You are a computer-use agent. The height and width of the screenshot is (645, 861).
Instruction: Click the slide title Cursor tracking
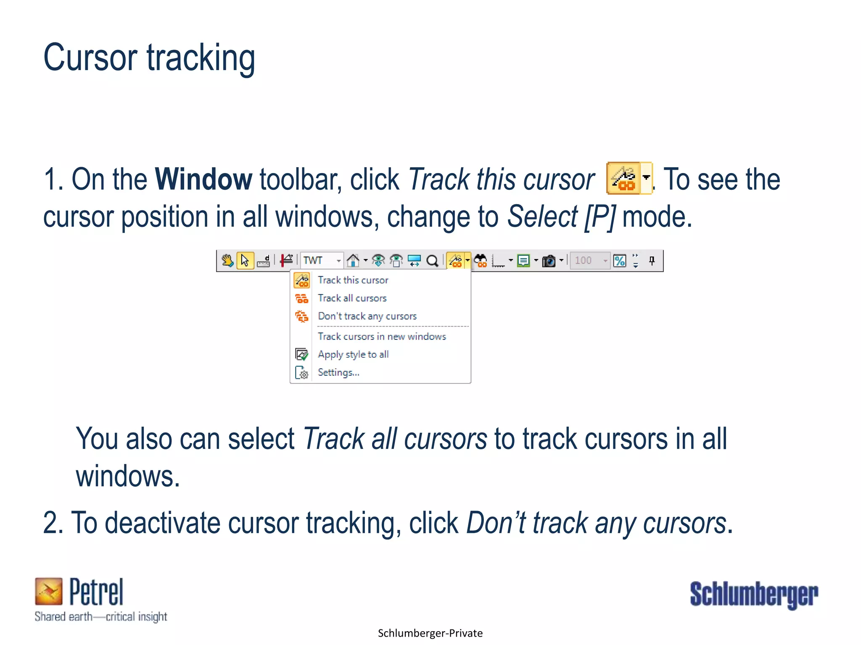coord(149,58)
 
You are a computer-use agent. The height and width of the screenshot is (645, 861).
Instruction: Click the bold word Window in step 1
coord(203,180)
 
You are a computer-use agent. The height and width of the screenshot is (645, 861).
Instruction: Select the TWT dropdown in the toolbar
coord(322,260)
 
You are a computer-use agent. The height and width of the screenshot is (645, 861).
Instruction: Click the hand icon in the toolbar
coord(227,260)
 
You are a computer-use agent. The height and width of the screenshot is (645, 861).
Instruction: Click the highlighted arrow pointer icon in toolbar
coord(245,260)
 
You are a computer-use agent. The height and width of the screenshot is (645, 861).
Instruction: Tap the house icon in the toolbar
coord(353,260)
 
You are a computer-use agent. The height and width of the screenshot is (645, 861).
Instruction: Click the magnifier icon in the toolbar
coord(432,261)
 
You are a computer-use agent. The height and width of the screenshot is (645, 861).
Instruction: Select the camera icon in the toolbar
coord(549,261)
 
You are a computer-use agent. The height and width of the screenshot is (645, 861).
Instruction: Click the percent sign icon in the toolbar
coord(620,261)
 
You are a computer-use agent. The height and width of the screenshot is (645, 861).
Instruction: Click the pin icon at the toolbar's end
coord(652,260)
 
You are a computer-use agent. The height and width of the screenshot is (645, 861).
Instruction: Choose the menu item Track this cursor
coord(353,280)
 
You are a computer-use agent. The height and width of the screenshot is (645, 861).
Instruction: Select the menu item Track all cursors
coord(352,298)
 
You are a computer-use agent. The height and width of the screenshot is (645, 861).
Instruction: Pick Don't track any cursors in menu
coord(367,316)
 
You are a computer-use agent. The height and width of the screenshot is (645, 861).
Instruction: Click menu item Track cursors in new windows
coord(382,336)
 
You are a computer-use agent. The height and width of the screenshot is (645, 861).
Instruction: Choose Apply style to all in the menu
coord(353,354)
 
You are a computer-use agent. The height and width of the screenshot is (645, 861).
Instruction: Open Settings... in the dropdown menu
coord(338,372)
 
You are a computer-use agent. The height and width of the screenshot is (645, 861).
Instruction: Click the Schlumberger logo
coord(754,594)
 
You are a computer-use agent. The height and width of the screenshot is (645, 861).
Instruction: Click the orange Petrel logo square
coord(49,591)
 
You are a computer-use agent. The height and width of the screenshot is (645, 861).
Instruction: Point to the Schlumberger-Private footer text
coord(430,633)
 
